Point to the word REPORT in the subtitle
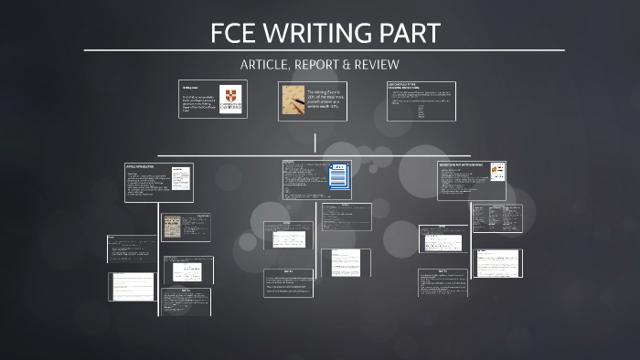pyautogui.click(x=323, y=63)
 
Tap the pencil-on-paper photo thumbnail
pyautogui.click(x=293, y=100)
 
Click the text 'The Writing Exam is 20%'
pyautogui.click(x=326, y=94)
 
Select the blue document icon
pyautogui.click(x=338, y=178)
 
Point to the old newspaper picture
pyautogui.click(x=172, y=228)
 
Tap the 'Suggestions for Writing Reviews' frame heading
pyautogui.click(x=464, y=165)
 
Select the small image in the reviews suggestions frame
pyautogui.click(x=496, y=170)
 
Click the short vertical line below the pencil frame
pyautogui.click(x=315, y=143)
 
